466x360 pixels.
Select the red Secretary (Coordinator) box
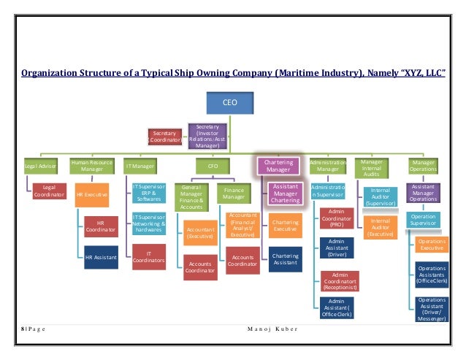click(165, 136)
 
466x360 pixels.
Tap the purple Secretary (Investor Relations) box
click(207, 136)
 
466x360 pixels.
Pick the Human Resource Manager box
click(91, 166)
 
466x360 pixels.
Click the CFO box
click(213, 166)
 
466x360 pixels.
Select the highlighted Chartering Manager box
click(278, 166)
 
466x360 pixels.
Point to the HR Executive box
click(92, 195)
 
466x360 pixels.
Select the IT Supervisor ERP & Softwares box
click(149, 194)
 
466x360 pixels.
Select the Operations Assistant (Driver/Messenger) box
click(432, 309)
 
